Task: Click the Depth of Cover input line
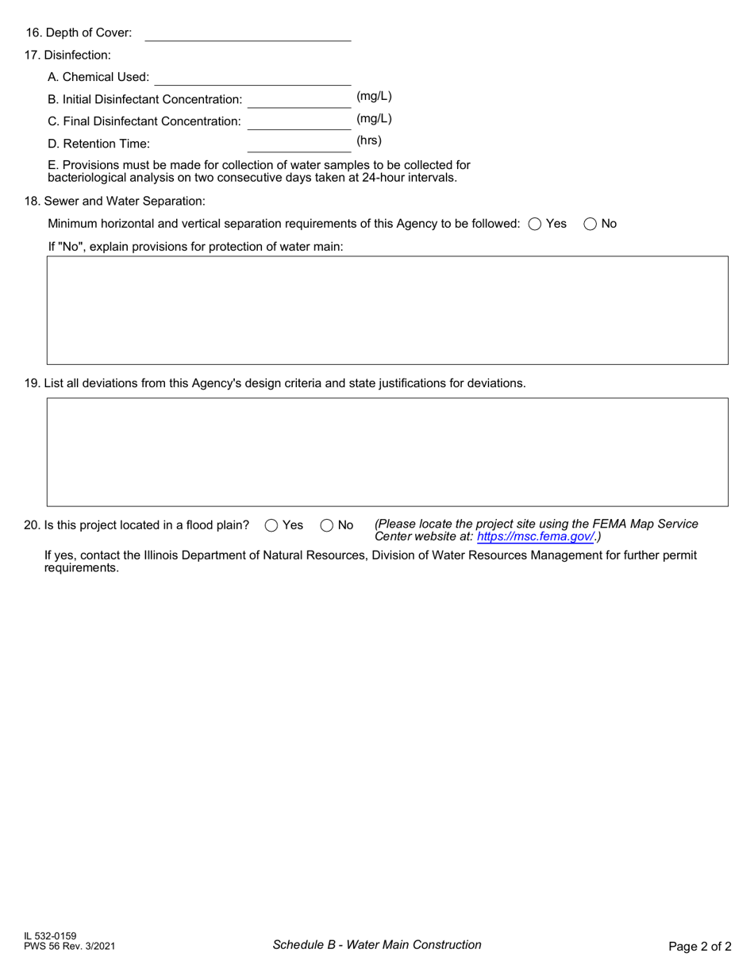[248, 33]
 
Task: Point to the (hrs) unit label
[369, 140]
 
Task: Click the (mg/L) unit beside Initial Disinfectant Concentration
[374, 96]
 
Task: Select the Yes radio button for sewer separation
[534, 224]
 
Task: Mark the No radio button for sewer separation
[591, 224]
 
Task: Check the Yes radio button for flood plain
[271, 525]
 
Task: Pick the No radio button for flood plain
[327, 525]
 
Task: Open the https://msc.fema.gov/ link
[536, 536]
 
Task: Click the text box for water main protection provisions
[387, 310]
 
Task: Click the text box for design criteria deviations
[387, 452]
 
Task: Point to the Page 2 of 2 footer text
[699, 946]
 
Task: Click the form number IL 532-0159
[50, 936]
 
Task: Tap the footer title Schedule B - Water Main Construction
[377, 944]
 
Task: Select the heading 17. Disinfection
[67, 55]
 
